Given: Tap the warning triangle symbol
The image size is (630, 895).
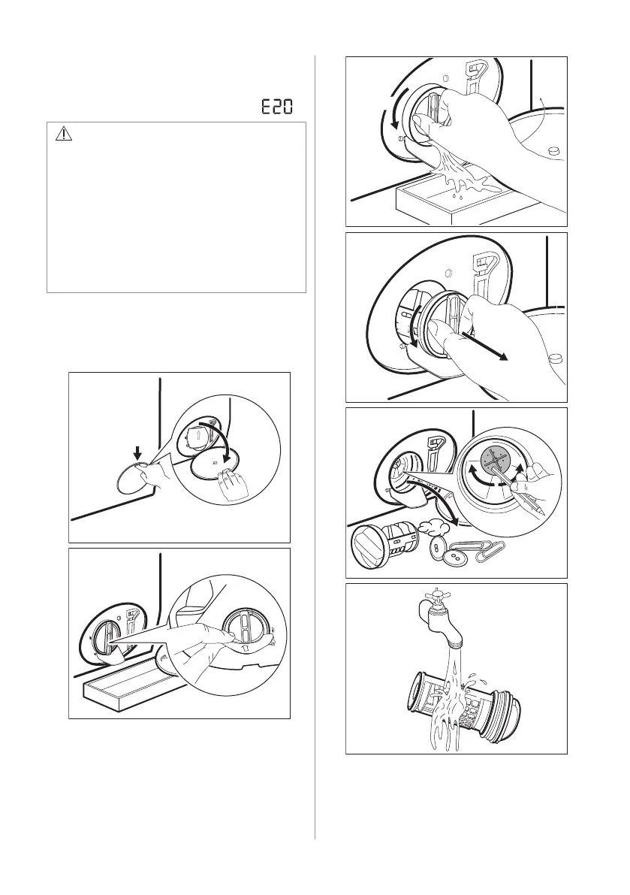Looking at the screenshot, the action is pos(64,134).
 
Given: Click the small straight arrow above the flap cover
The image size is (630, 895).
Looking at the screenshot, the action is pos(137,452).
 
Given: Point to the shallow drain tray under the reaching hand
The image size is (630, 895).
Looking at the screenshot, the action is pos(122,688).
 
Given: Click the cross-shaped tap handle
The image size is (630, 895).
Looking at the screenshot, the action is pos(439,594).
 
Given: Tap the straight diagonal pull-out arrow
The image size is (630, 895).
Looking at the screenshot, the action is pos(484,346).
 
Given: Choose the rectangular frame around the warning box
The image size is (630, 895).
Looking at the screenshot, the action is pos(176,207).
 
